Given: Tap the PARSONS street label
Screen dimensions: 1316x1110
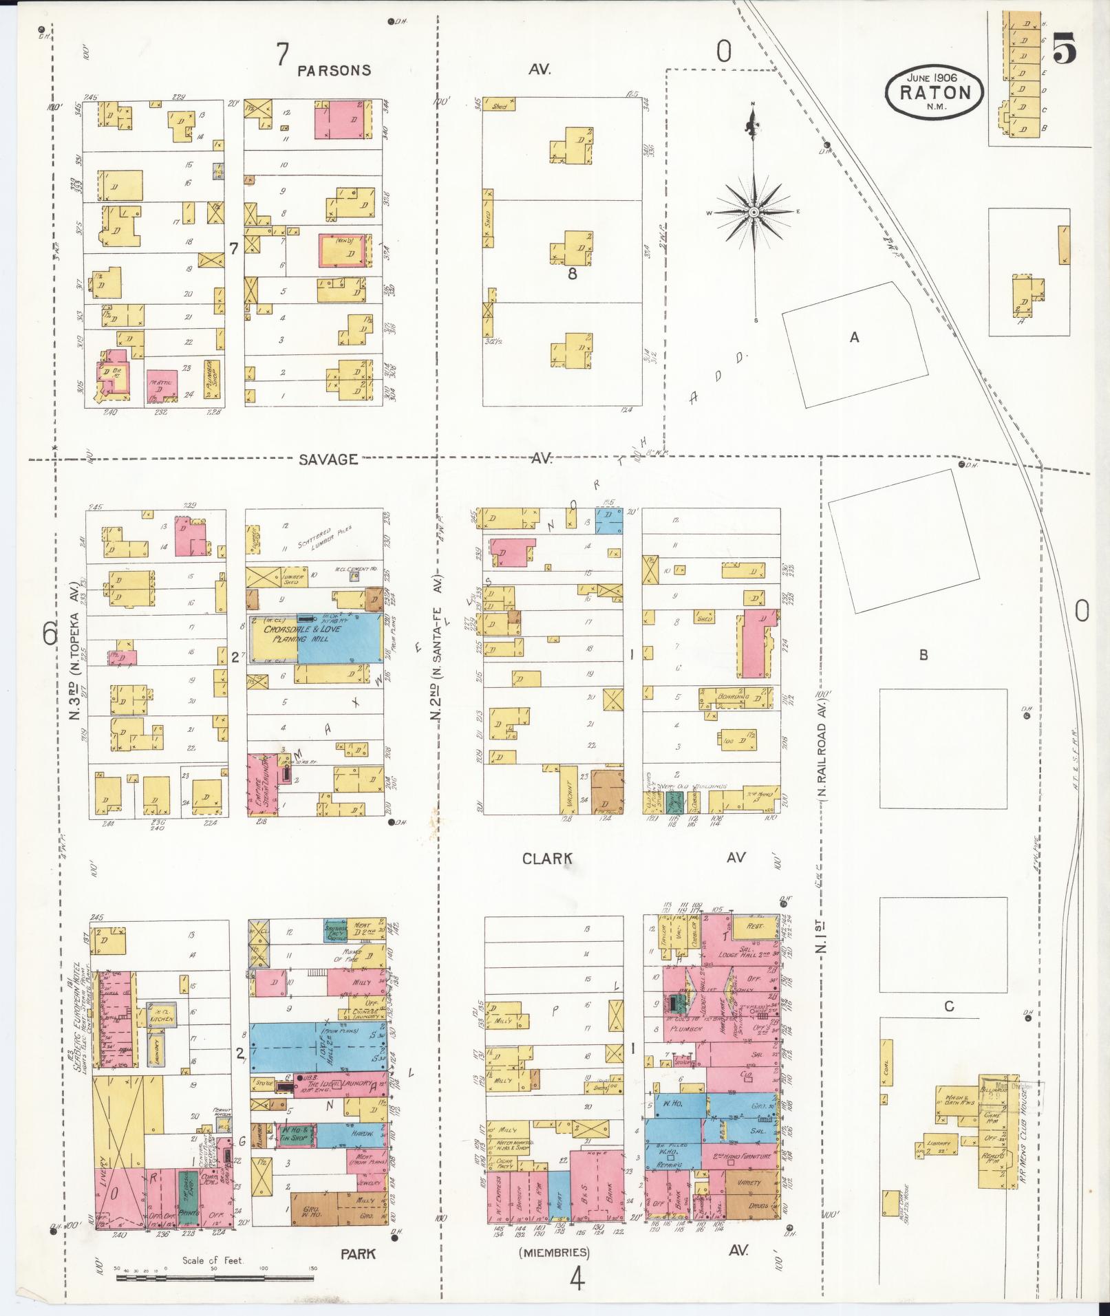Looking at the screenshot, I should [334, 70].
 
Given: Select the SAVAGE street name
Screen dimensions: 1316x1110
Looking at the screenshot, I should [328, 459].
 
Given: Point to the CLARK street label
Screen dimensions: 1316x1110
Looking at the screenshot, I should [547, 858].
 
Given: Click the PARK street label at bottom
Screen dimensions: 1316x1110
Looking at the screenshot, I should [359, 1253].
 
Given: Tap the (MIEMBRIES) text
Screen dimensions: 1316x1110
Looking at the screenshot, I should [555, 1252].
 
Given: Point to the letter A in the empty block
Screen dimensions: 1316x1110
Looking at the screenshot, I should [854, 337].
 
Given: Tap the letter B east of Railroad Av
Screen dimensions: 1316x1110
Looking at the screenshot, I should [923, 655].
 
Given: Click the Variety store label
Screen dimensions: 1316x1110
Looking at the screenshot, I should [750, 1183].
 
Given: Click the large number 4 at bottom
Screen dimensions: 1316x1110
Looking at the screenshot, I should [577, 1280].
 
